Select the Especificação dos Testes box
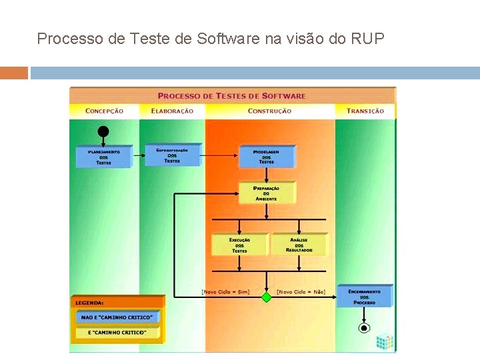(172, 155)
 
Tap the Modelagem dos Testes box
(266, 157)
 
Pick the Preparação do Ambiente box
(266, 193)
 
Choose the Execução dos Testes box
(239, 245)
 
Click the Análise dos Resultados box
(299, 245)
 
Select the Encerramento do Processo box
(364, 297)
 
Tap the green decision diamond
(266, 297)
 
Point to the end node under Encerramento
(364, 328)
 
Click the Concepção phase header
(104, 111)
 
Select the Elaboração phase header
(172, 111)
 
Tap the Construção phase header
(269, 111)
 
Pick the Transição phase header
(365, 111)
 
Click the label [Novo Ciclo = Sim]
(225, 291)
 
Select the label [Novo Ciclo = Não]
(301, 291)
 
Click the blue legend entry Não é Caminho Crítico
(117, 317)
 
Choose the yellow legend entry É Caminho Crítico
(117, 332)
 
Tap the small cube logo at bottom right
(384, 342)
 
